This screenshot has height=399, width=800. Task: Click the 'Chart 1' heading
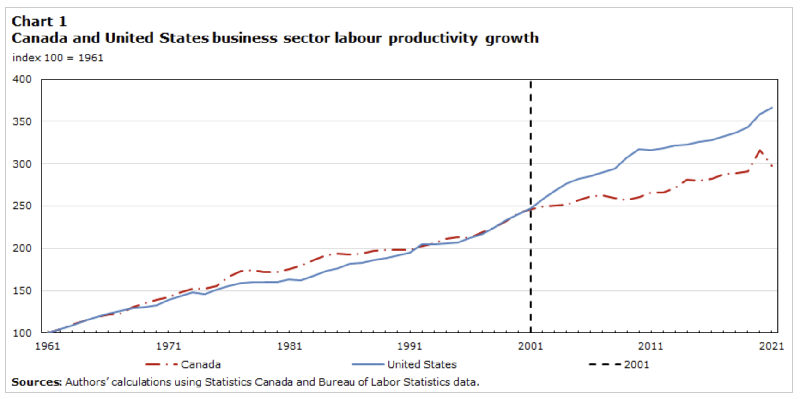[39, 21]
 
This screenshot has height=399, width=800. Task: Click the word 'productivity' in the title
[433, 38]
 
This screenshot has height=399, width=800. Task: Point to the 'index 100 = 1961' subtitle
[58, 58]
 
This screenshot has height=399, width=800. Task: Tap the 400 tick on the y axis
[22, 79]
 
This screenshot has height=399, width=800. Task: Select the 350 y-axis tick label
[22, 121]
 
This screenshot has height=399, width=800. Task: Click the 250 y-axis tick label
[22, 206]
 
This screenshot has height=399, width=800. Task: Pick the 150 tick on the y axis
[22, 290]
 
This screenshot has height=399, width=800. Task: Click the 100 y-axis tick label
[22, 332]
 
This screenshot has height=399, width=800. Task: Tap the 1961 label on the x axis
[48, 346]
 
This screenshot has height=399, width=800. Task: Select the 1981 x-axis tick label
[289, 346]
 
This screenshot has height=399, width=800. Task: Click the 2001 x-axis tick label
[530, 346]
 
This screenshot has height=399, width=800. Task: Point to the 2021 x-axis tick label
[771, 346]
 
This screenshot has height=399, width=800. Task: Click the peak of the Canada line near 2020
[760, 150]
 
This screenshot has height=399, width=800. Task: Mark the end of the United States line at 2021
[772, 108]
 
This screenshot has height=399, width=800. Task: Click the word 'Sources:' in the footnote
[36, 382]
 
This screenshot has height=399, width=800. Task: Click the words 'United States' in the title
[157, 38]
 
